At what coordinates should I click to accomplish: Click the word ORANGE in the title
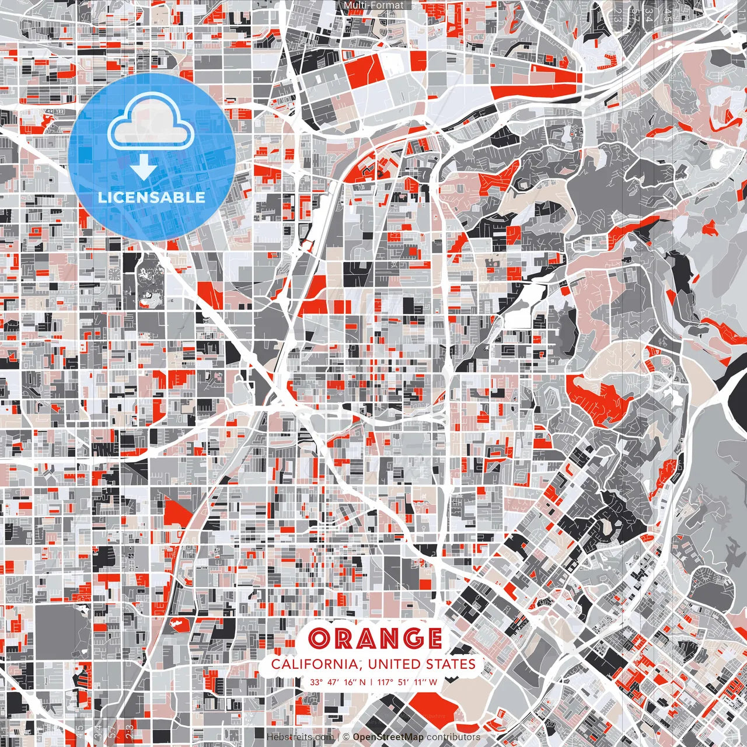[x=375, y=638]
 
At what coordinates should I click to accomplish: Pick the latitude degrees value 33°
[x=316, y=682]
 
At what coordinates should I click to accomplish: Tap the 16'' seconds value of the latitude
[x=350, y=682]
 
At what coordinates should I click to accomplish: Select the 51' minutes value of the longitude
[x=403, y=682]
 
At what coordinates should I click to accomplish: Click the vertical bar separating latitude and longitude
[x=371, y=682]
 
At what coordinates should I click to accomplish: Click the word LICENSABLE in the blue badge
[x=152, y=197]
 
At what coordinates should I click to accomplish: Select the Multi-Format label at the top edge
[x=373, y=5]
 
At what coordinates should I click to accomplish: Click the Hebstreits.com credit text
[x=300, y=737]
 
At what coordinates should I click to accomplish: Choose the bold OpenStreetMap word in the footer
[x=388, y=737]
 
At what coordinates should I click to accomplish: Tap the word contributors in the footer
[x=453, y=737]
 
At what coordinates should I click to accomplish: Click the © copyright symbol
[x=346, y=737]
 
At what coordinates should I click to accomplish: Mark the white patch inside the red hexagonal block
[x=177, y=624]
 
